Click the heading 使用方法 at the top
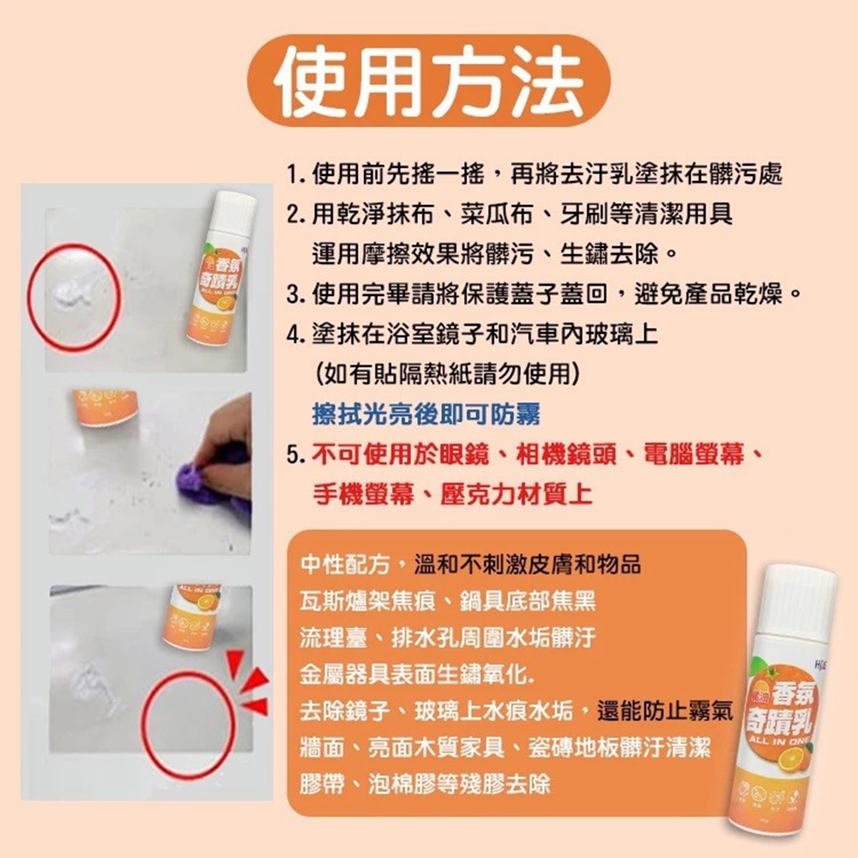coord(428,82)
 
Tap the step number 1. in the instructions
coord(296,175)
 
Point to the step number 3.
coord(296,296)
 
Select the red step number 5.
coord(296,455)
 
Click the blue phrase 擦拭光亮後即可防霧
coord(426,414)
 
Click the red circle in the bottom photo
coord(188,724)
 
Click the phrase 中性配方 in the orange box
coord(344,565)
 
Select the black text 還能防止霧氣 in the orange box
coord(665,711)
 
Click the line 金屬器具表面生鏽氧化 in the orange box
coord(416,674)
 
